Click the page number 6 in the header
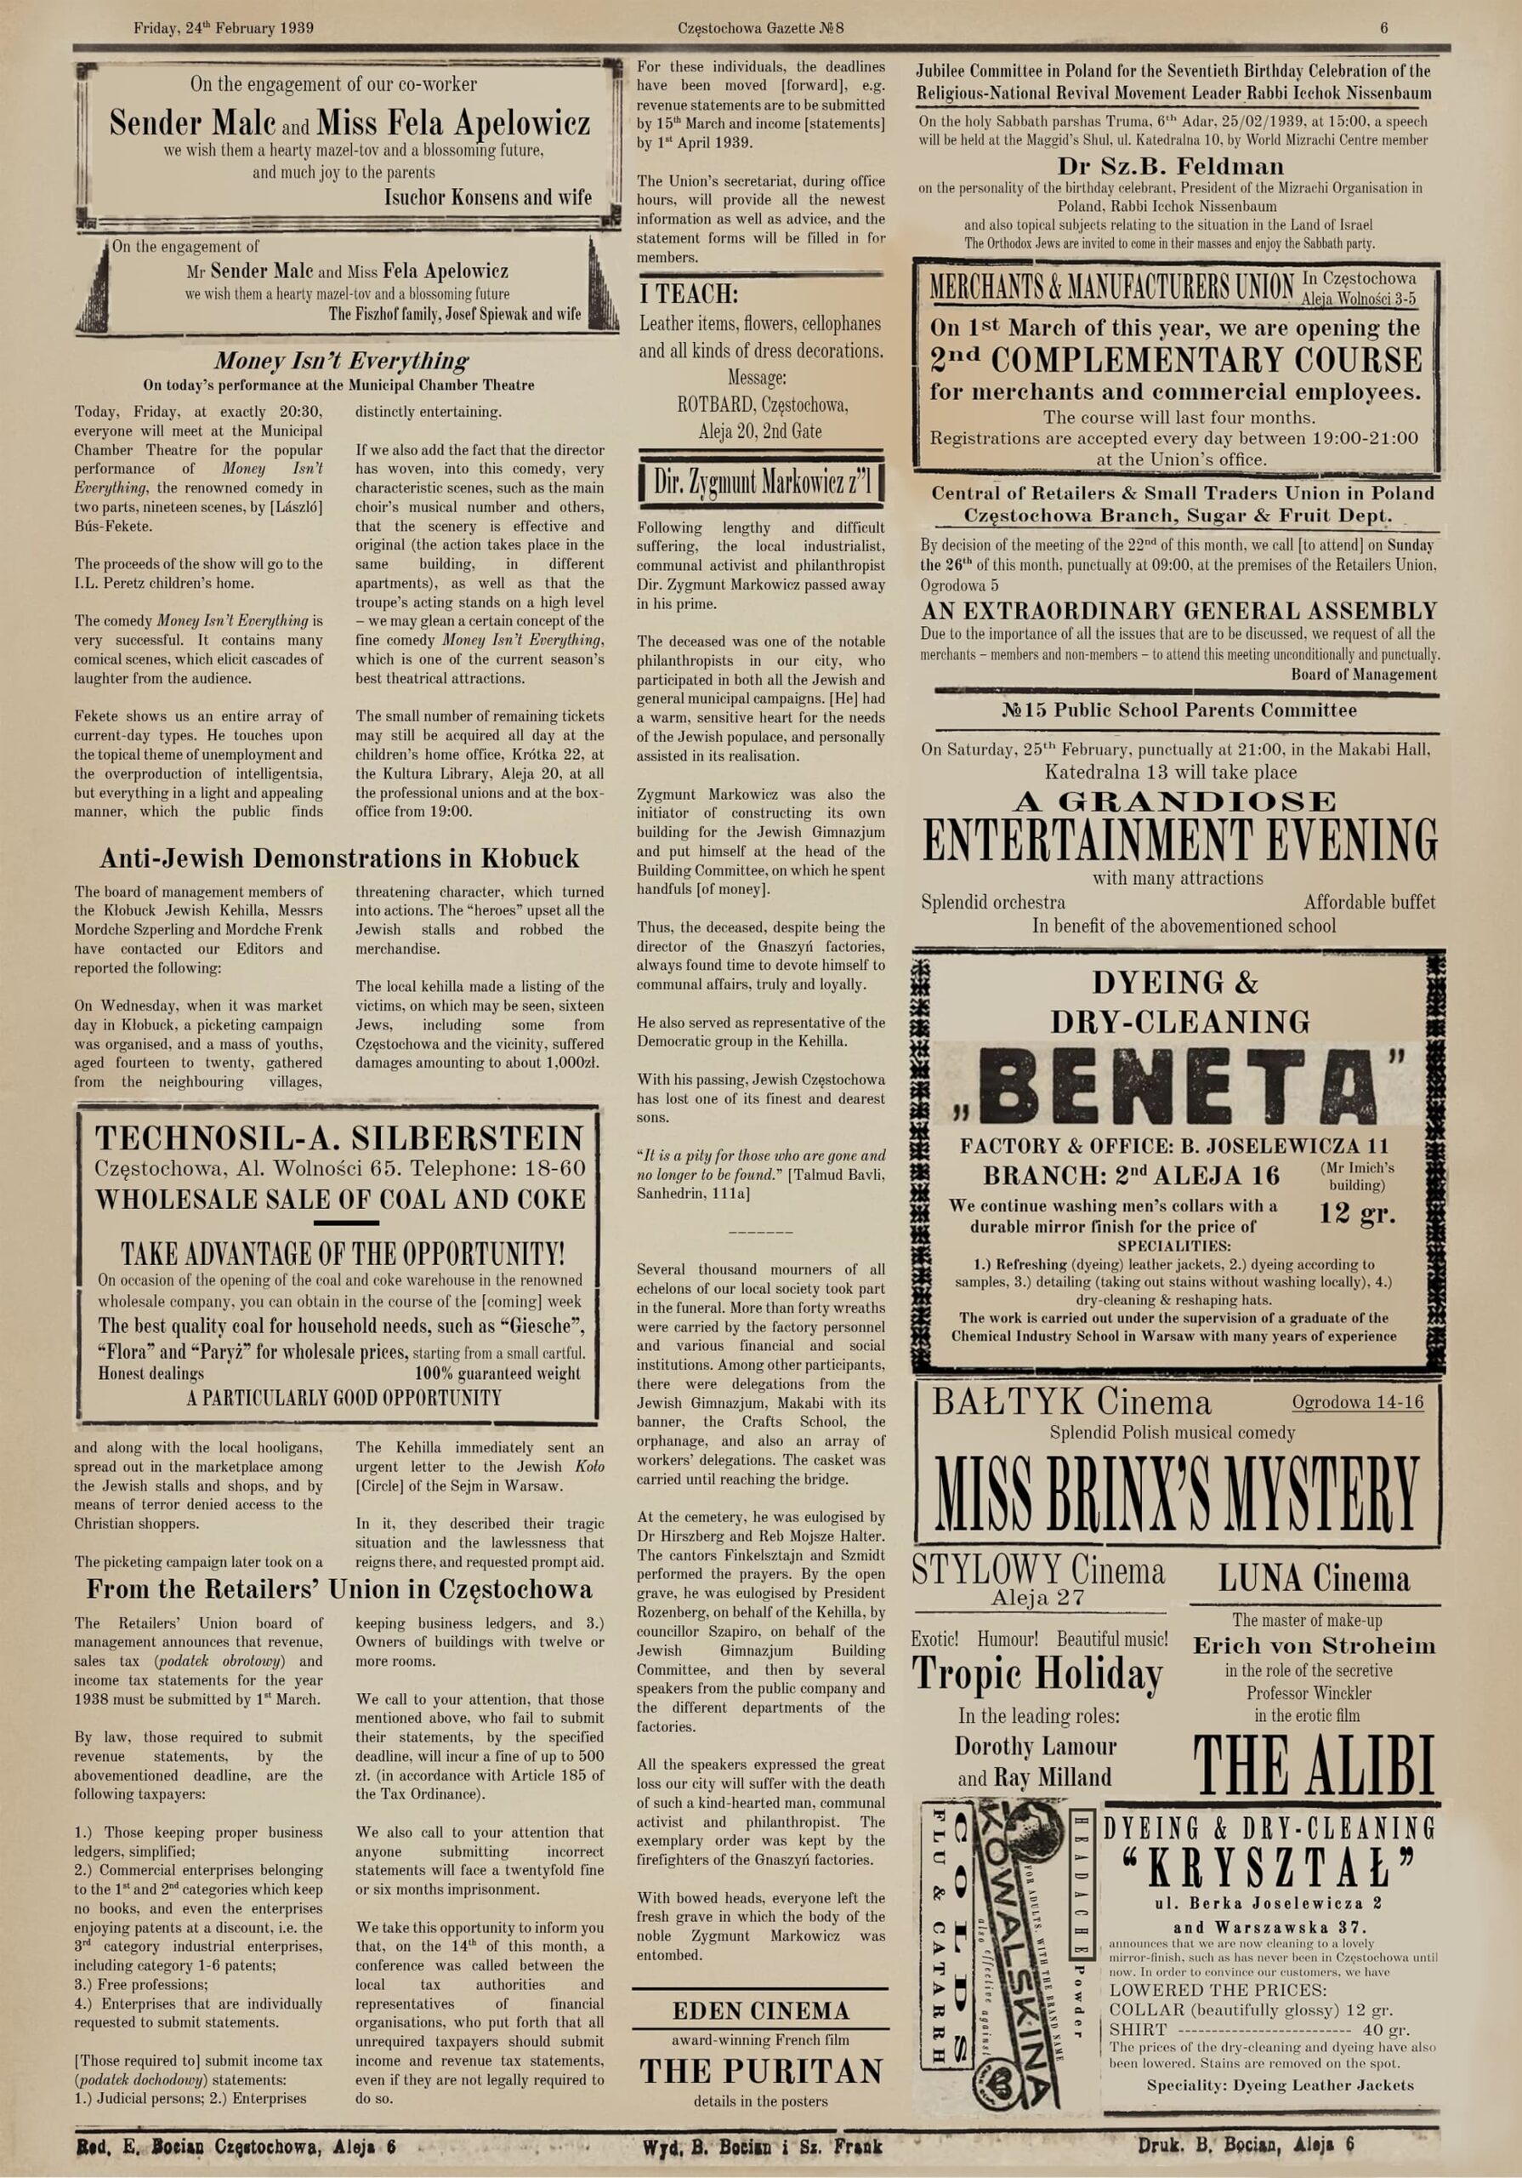click(1383, 27)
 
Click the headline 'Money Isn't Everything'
click(340, 362)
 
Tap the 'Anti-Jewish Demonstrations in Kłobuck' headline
click(338, 858)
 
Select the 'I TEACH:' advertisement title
click(690, 292)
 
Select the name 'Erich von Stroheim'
click(1314, 1645)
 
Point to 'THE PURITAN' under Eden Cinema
click(760, 2071)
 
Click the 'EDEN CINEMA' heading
click(760, 2011)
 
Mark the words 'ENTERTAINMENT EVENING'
click(1178, 840)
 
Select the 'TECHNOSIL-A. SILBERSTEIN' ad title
click(339, 1138)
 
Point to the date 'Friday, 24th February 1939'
click(224, 27)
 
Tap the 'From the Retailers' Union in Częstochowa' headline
click(338, 1589)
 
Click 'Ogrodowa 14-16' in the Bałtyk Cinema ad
click(1357, 1403)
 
